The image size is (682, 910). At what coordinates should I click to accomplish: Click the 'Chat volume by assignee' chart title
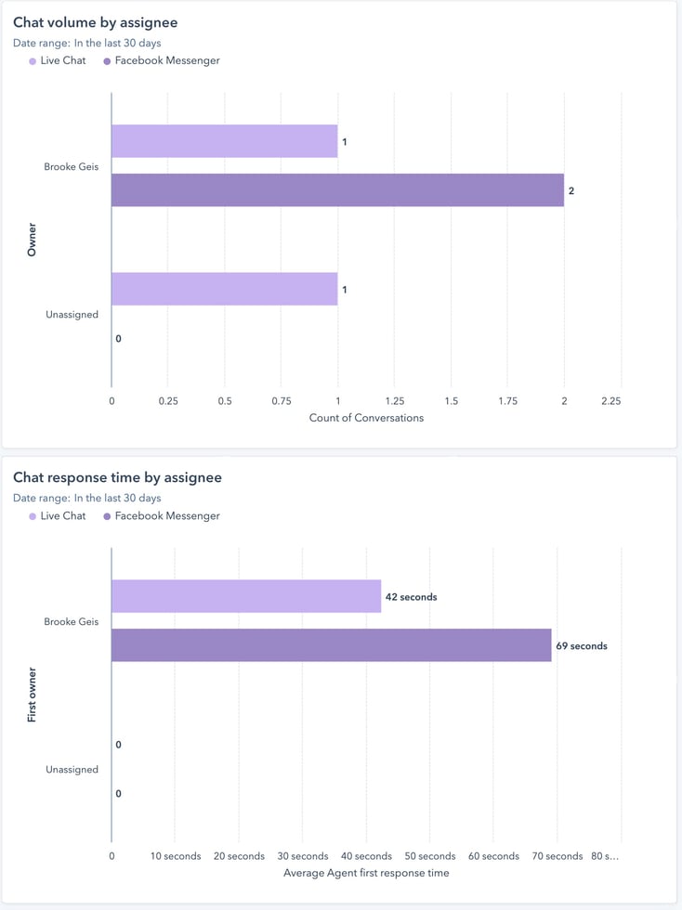click(95, 22)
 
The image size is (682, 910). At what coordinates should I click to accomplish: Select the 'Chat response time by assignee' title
click(117, 477)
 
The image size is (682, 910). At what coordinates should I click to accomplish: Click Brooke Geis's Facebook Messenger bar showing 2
click(337, 190)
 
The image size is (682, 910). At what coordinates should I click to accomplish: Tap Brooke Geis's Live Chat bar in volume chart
click(224, 141)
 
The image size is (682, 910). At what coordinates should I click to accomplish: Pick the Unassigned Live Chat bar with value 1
click(224, 289)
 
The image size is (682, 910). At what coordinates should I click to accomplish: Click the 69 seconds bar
click(331, 645)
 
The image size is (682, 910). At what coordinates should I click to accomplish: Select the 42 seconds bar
click(246, 596)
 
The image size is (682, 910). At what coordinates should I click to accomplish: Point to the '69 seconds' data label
click(582, 646)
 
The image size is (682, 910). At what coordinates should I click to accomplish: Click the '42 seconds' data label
click(411, 597)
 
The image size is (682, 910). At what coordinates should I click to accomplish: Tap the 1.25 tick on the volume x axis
click(394, 401)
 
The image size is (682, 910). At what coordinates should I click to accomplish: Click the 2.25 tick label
click(610, 401)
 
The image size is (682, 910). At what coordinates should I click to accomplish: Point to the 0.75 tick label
click(282, 401)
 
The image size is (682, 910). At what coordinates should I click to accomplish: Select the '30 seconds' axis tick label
click(303, 856)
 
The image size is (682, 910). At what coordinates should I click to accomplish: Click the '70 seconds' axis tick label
click(557, 856)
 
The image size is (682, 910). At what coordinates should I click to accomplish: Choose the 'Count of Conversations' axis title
click(366, 418)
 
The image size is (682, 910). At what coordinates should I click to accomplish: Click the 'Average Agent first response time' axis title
click(365, 873)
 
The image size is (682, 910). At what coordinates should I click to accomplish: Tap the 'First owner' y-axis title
click(33, 695)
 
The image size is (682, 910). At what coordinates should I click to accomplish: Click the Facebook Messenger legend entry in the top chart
click(166, 61)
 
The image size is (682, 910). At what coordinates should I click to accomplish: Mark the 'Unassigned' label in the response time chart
click(72, 770)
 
